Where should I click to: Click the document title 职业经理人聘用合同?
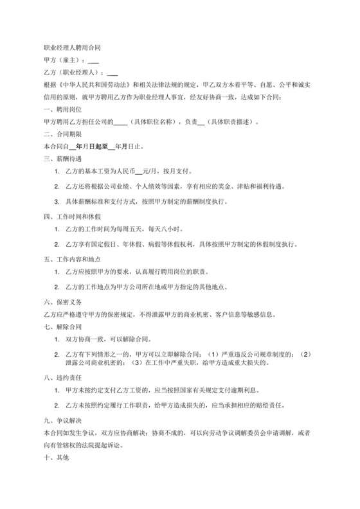coord(71,48)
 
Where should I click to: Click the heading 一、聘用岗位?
coord(59,109)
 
